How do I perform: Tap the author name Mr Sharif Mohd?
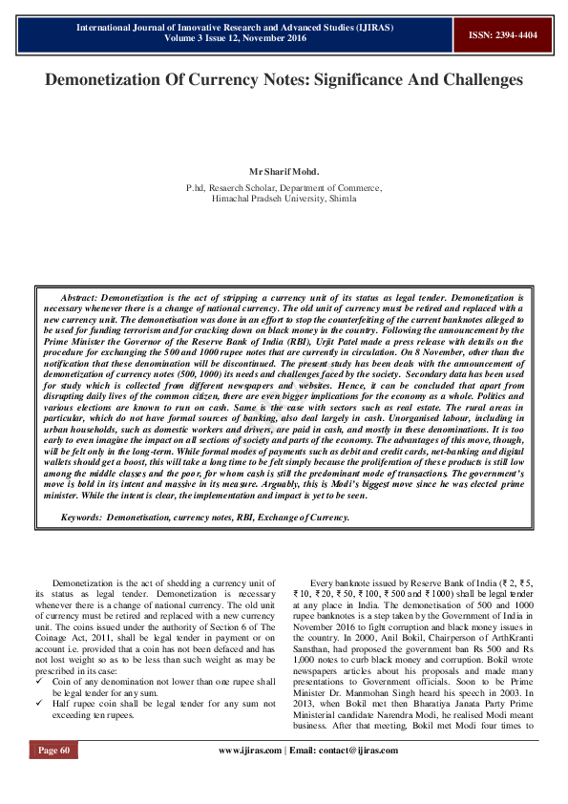(284, 171)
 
